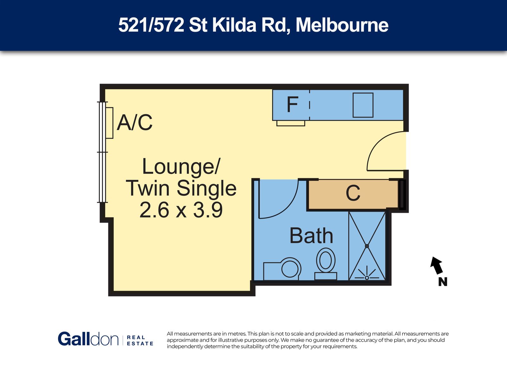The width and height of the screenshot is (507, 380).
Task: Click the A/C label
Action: tap(135, 122)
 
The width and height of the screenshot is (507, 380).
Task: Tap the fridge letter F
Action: tap(292, 104)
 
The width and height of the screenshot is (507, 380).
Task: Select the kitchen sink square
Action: tap(363, 105)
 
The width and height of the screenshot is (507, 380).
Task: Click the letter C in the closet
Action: tap(353, 193)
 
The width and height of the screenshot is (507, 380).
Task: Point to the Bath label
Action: tap(311, 236)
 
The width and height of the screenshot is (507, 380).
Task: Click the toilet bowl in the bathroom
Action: tap(326, 260)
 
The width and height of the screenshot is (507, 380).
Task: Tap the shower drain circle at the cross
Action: tap(367, 246)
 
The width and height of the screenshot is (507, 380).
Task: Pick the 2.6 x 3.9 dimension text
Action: tap(181, 210)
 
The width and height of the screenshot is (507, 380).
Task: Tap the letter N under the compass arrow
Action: tap(443, 282)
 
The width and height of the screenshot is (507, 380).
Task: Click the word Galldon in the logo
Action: tap(88, 339)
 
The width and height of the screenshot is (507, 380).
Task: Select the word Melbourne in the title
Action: tap(342, 25)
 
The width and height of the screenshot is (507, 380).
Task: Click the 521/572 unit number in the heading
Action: tap(151, 25)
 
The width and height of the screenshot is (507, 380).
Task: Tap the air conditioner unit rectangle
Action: tap(110, 123)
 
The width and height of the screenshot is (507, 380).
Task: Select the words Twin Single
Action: tap(181, 188)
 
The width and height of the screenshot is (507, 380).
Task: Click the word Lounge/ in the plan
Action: tap(181, 167)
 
